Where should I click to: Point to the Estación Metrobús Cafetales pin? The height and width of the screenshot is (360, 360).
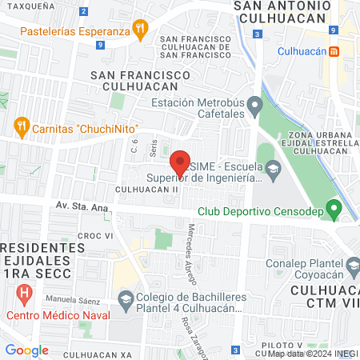(x=254, y=105)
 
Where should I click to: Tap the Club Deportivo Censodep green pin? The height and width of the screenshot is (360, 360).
(x=337, y=211)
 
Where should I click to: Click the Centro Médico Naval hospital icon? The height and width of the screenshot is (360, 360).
(x=25, y=294)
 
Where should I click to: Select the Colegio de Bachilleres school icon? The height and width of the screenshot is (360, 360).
(x=126, y=301)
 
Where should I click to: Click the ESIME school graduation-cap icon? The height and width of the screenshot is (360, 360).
(x=274, y=167)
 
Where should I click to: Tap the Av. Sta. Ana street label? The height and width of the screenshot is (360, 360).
(x=82, y=206)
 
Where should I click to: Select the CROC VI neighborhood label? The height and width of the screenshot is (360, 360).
(x=93, y=236)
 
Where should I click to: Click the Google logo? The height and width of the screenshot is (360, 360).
(x=27, y=350)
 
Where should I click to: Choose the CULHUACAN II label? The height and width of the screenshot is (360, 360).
(x=146, y=189)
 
